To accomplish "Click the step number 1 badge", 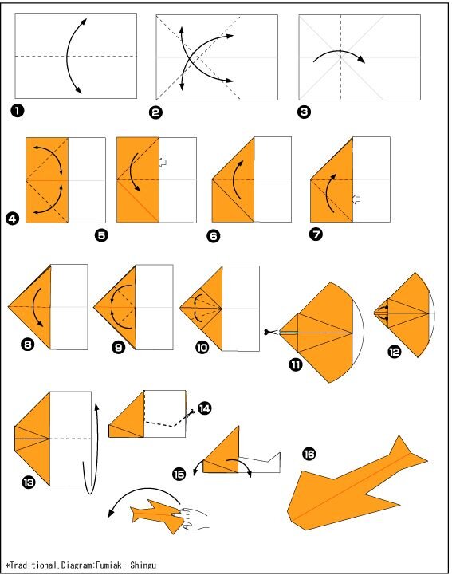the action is click(x=18, y=110).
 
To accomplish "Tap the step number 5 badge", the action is click(x=101, y=235).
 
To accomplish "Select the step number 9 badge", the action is click(x=118, y=348).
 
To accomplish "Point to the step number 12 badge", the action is click(x=394, y=352).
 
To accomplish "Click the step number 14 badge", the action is click(x=204, y=408).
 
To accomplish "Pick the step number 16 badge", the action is click(x=309, y=454).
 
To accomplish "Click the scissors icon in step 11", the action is click(x=271, y=333).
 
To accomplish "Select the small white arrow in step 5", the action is click(x=163, y=162).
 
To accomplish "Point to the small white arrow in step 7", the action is click(x=356, y=199).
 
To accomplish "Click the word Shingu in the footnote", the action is click(x=143, y=565).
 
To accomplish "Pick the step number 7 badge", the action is click(x=316, y=234).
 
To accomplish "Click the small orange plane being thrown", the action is click(x=157, y=515).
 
